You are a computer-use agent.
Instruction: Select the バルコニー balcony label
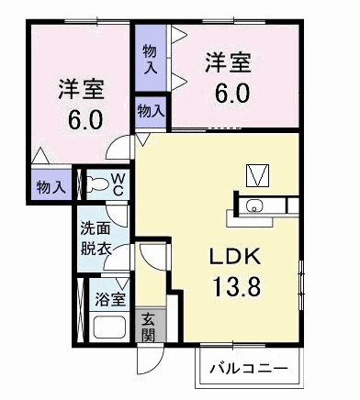[x=248, y=369]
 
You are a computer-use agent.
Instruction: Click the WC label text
[x=118, y=184]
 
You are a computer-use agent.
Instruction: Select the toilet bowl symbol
[x=95, y=183]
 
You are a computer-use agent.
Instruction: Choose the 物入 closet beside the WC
[x=51, y=187]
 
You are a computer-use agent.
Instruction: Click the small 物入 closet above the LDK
[x=151, y=111]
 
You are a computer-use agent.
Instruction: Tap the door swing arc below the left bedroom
[x=118, y=149]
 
